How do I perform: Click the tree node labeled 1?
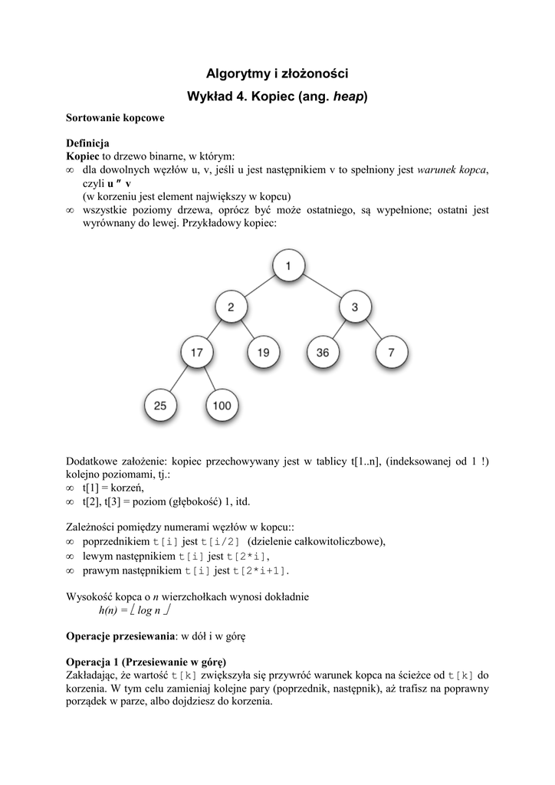pyautogui.click(x=288, y=266)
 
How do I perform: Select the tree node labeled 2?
pyautogui.click(x=231, y=308)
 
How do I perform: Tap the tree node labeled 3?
pyautogui.click(x=354, y=308)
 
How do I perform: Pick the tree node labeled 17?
pyautogui.click(x=197, y=353)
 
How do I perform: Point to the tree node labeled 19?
pyautogui.click(x=263, y=353)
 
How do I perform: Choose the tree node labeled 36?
pyautogui.click(x=322, y=353)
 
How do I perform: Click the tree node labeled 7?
pyautogui.click(x=391, y=353)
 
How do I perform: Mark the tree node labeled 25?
pyautogui.click(x=160, y=406)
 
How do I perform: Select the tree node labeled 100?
pyautogui.click(x=222, y=406)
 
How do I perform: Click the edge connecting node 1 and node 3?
pyautogui.click(x=322, y=287)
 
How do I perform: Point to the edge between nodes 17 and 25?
pyautogui.click(x=179, y=379)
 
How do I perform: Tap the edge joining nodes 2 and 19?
pyautogui.click(x=247, y=331)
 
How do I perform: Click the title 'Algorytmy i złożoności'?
pyautogui.click(x=277, y=74)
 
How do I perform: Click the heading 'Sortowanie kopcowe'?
pyautogui.click(x=115, y=119)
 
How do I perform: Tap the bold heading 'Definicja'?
pyautogui.click(x=87, y=143)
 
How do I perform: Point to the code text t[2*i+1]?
pyautogui.click(x=261, y=571)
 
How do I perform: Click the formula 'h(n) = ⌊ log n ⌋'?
pyautogui.click(x=135, y=611)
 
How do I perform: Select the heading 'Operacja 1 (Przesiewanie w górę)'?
pyautogui.click(x=147, y=662)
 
